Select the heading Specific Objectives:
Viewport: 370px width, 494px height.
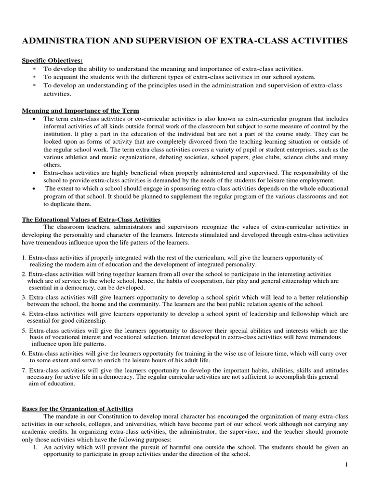[x=52, y=60]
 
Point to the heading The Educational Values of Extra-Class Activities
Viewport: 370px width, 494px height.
[x=91, y=220]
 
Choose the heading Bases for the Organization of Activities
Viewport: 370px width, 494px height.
[x=77, y=409]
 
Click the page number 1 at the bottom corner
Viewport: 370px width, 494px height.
[x=346, y=464]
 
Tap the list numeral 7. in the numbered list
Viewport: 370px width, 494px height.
[x=25, y=370]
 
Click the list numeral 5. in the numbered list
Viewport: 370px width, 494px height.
[x=25, y=330]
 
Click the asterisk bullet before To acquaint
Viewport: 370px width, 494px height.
[x=34, y=77]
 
